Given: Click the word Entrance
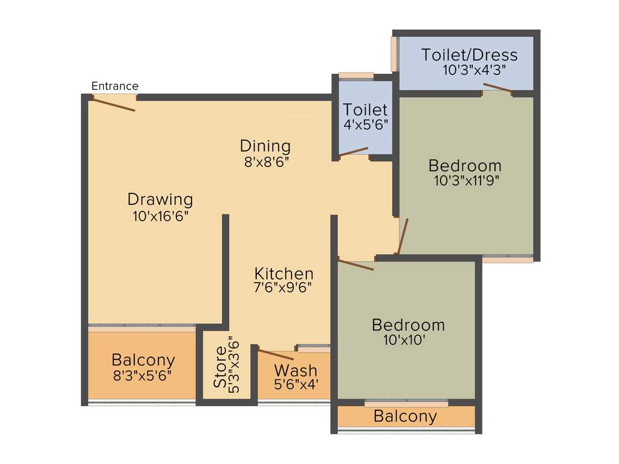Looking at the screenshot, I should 115,86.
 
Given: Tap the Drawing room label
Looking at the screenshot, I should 160,199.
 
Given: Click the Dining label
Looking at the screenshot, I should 265,146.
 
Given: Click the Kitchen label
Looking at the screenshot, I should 284,273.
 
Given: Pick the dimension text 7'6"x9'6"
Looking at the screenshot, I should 284,288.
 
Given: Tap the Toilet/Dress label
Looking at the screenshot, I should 470,55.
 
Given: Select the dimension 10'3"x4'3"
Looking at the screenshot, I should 474,70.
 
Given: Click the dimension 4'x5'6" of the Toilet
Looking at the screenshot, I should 365,126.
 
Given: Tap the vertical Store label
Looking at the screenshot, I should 220,367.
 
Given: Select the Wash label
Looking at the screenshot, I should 296,370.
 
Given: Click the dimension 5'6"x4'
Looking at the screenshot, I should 296,384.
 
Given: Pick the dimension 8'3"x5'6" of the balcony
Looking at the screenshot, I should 143,376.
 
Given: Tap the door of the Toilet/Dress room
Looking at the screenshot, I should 498,89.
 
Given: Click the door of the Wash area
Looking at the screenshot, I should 276,355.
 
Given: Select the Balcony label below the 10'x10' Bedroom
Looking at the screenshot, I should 405,416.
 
